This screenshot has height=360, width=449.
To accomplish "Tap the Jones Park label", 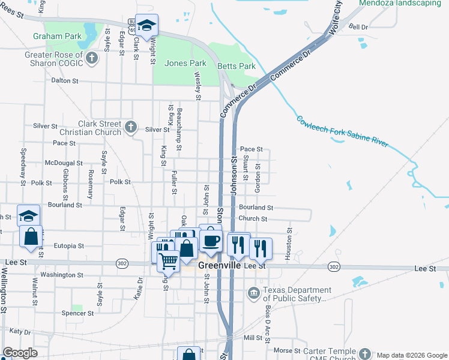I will pos(185,63).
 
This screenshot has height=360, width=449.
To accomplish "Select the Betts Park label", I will pos(237,66).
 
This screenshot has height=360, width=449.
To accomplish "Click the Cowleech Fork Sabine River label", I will pos(342,131).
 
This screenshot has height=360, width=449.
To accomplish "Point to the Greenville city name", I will pos(220,265).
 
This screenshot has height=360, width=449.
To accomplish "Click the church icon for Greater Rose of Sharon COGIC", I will pos(92,58).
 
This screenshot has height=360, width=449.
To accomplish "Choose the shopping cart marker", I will pos(169,260).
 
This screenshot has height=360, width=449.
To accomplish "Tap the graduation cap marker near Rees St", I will pos(146,25).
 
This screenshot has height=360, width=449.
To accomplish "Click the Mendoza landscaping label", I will pos(399,3).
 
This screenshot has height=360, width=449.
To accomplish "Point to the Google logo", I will pos(19,353).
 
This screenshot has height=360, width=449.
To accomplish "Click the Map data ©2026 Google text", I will pos(411,355).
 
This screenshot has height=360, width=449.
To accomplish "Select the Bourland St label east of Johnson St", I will pos(256,208).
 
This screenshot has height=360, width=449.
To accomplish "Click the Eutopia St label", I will pos(68,246).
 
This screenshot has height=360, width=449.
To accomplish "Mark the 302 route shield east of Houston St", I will pos(334,266).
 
